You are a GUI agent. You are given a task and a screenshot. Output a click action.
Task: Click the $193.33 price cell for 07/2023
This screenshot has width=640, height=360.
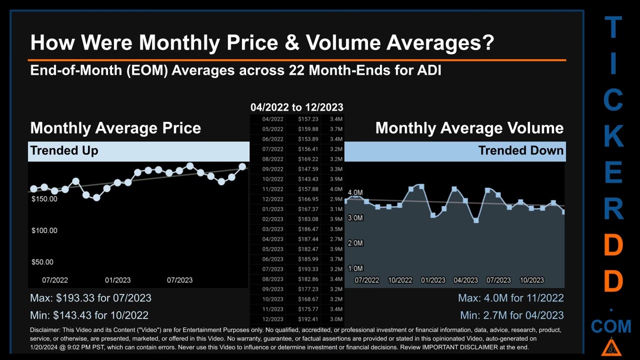point(308,269)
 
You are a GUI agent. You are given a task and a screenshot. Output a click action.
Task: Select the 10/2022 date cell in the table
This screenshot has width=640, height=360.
point(272,179)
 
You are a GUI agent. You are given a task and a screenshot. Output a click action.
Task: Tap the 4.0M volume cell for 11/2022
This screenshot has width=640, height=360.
point(336,189)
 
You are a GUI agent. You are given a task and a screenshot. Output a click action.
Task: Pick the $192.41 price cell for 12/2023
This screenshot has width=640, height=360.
point(308,319)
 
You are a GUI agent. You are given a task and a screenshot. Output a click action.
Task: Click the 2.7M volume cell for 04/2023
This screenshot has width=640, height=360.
point(336,239)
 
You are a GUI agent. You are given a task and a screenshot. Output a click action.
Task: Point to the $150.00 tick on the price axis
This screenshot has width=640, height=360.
point(44,199)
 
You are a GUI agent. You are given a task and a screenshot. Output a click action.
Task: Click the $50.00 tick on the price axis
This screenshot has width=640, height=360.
point(42,262)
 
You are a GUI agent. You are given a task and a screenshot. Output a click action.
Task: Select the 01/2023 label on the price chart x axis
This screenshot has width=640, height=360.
point(117,280)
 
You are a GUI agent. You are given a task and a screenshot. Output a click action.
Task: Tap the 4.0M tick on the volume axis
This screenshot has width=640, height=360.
point(355,192)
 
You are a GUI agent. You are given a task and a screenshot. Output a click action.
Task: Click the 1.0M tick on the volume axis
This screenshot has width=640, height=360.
point(355,268)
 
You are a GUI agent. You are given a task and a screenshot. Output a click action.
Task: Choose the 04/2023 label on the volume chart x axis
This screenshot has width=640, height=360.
point(465,280)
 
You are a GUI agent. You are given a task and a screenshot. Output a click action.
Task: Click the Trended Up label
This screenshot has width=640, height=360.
point(64,150)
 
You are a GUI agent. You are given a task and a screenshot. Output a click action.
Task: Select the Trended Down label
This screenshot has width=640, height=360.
point(520,150)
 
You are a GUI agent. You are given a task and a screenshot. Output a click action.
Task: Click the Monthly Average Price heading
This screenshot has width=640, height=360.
point(115,128)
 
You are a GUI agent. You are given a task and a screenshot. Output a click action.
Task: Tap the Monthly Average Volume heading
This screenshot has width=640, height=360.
point(469,128)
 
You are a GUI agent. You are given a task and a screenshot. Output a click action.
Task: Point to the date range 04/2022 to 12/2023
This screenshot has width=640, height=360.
point(296,107)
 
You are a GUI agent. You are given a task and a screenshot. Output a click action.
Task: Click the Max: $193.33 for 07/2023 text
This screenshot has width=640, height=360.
point(90,298)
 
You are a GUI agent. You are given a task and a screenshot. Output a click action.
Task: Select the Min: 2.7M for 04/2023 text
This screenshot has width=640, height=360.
point(511,315)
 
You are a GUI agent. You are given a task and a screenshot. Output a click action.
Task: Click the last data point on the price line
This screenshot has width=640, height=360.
point(242,166)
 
